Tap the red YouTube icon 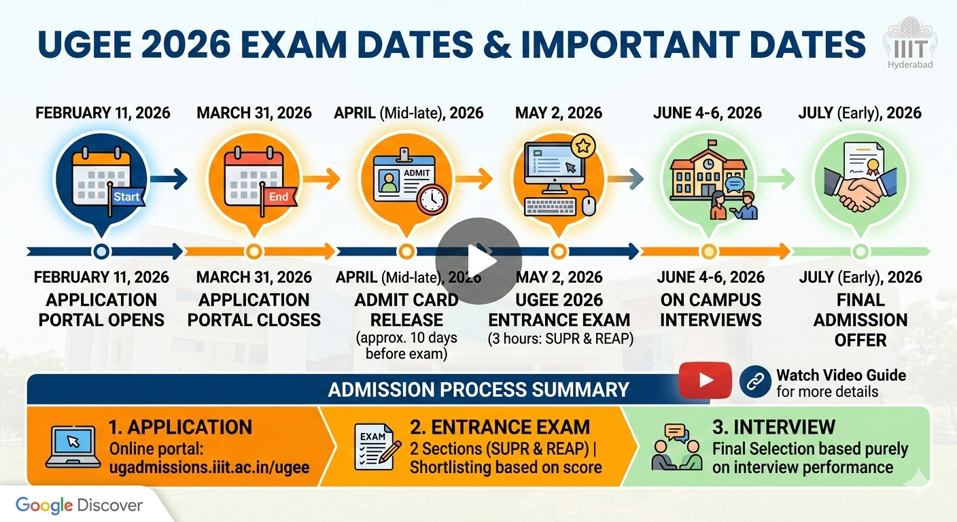point(705,381)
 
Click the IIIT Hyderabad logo point(909,44)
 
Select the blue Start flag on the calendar point(124,197)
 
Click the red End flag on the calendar point(277,197)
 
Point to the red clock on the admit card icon point(432,198)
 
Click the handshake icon point(860,187)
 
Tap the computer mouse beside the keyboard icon point(589,205)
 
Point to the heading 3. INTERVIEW point(773,427)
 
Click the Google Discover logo point(80,505)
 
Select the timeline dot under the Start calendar point(101,251)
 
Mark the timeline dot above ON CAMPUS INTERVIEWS point(709,251)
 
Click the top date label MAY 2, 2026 point(559,112)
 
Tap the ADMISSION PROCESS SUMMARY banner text point(478,389)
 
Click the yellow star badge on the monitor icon point(582,145)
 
